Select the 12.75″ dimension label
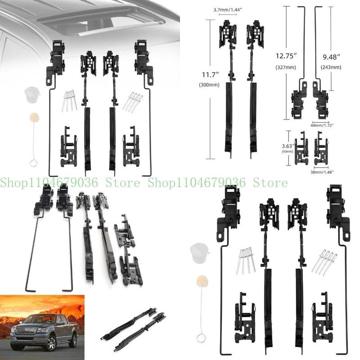click(285, 56)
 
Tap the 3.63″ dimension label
click(287, 145)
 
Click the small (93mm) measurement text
click(287, 152)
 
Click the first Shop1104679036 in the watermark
click(50, 183)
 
